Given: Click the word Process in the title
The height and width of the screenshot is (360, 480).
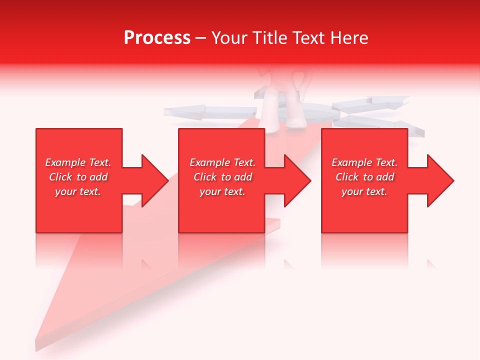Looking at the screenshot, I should pos(157,37).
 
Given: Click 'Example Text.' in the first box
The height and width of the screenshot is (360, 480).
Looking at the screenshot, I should pos(78,162).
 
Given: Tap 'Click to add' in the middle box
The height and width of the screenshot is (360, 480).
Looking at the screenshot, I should pos(222,177).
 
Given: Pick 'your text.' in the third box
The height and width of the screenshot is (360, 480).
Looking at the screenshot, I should pos(364,191).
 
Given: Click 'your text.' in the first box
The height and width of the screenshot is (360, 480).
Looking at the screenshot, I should pos(78,191).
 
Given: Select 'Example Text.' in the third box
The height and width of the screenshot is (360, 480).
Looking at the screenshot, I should pos(364,162).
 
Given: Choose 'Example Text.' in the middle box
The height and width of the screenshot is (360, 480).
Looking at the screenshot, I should pos(222,162).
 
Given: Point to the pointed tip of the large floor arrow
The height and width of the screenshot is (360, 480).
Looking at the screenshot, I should pos(37,345).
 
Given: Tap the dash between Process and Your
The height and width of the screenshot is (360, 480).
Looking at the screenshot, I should pos(201,38).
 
